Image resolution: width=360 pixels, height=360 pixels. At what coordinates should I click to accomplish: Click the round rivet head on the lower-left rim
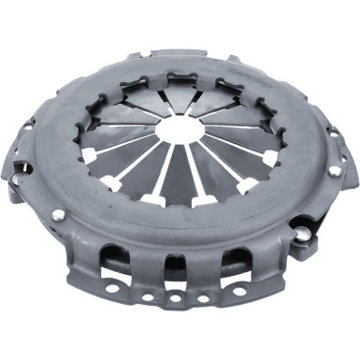pos(59,214)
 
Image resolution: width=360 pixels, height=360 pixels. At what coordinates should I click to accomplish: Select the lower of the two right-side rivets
pos(301,224)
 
